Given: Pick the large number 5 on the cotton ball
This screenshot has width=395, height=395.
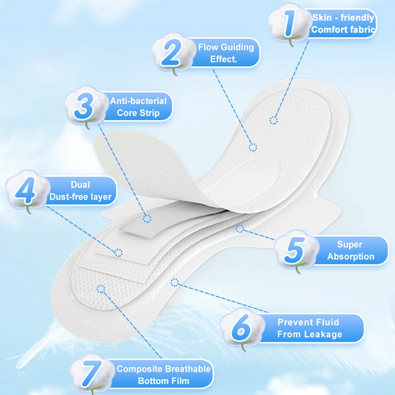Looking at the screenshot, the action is (293, 250).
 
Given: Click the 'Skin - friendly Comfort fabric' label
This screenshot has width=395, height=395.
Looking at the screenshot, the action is (343, 24).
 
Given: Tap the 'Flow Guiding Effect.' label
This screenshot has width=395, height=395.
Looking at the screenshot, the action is (226, 53).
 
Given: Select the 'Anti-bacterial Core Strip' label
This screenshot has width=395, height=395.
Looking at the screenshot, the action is (138, 107).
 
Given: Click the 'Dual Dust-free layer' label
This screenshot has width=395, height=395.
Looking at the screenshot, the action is (80, 191).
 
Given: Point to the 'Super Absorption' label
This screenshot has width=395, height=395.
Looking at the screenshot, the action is (350, 250).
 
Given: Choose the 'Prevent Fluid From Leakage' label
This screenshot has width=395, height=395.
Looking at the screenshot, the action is (308, 328).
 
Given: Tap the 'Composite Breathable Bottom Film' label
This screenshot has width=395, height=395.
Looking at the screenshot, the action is (164, 375).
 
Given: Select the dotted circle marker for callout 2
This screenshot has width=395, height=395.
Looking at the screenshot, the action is (253, 147).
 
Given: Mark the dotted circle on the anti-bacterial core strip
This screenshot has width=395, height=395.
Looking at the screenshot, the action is (147, 218).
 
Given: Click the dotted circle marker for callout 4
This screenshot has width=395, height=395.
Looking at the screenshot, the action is (118, 252).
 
